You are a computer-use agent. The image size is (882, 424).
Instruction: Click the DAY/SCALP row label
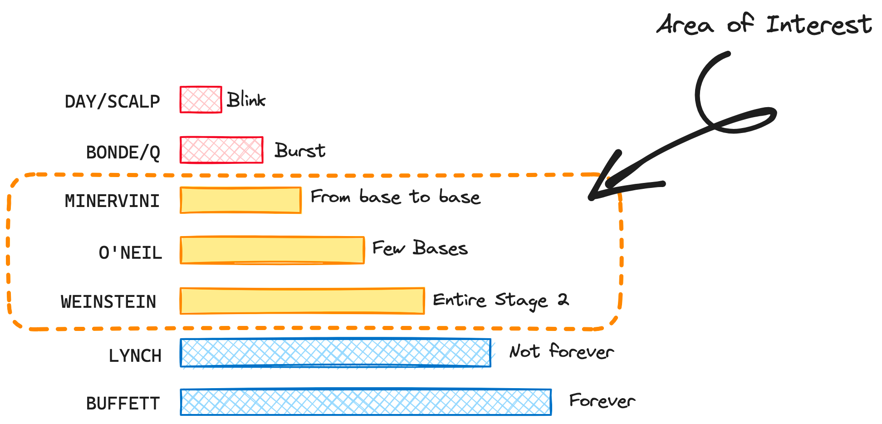[x=112, y=101]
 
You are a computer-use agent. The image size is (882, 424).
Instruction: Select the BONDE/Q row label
[x=123, y=153]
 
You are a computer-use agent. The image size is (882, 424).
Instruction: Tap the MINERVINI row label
[x=112, y=201]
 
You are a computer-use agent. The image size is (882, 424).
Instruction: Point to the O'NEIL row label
[x=130, y=252]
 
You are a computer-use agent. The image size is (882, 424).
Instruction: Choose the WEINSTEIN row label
[x=108, y=302]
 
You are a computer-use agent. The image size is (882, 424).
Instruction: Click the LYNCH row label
[x=135, y=356]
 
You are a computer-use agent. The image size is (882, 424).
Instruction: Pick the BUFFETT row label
[x=123, y=404]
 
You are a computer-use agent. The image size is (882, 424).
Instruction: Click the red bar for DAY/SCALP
[x=201, y=99]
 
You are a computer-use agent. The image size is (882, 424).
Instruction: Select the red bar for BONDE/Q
[x=221, y=150]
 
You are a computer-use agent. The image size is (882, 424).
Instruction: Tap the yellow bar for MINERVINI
[x=240, y=200]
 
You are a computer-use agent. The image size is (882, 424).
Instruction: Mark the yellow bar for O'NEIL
[x=272, y=250]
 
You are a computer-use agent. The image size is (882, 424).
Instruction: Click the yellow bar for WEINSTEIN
[x=302, y=301]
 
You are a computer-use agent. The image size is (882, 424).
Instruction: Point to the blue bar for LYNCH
[x=335, y=353]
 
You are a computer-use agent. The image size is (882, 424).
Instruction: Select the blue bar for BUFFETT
[x=366, y=402]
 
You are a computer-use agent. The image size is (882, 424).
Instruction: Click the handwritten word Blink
[x=246, y=100]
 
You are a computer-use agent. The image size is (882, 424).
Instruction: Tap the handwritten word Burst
[x=300, y=150]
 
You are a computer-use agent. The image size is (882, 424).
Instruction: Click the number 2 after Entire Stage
[x=563, y=300]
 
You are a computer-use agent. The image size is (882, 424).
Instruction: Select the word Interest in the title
[x=818, y=25]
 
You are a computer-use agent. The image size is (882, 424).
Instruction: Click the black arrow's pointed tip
[x=591, y=197]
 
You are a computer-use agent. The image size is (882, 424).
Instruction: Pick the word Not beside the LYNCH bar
[x=524, y=351]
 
